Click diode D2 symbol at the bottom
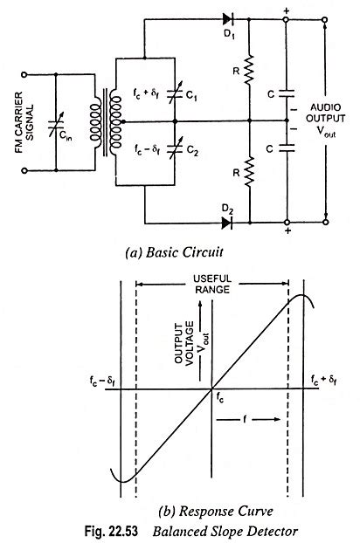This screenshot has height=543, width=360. (x=230, y=223)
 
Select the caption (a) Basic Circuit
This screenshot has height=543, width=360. (x=177, y=254)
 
